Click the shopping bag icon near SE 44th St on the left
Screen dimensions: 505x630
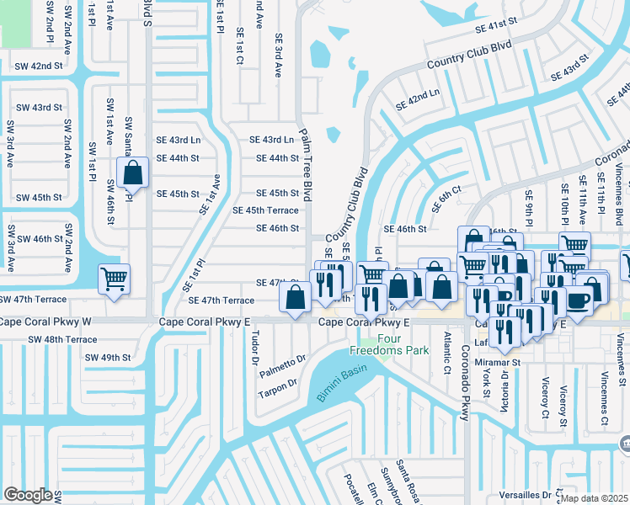pos(133,173)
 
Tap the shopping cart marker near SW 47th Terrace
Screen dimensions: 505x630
pos(114,279)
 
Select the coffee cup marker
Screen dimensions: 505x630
pos(579,301)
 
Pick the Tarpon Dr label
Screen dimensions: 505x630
pos(277,382)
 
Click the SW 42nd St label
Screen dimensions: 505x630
pos(38,66)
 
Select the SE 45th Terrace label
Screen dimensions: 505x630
pos(264,210)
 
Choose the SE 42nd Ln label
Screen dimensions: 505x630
pos(419,104)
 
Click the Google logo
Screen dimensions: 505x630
pos(28,494)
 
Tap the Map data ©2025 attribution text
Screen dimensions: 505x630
pos(594,498)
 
